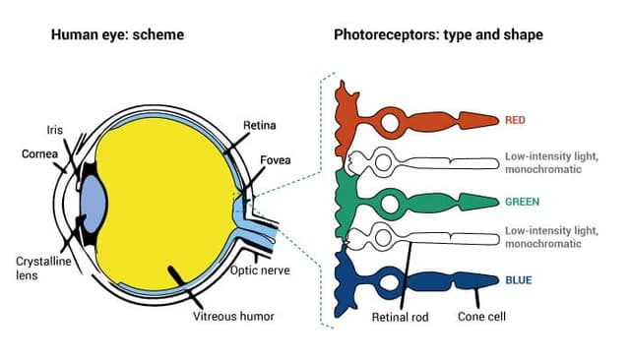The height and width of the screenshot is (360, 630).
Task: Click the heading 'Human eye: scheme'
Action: [118, 35]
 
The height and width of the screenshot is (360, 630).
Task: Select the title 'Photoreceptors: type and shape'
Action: [438, 35]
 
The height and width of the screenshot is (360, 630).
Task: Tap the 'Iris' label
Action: [54, 129]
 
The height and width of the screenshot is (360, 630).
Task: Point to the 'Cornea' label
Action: [40, 153]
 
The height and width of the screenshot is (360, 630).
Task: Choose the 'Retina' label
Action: [260, 126]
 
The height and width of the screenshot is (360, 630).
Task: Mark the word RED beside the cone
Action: [515, 121]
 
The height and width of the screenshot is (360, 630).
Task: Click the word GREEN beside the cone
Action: [521, 202]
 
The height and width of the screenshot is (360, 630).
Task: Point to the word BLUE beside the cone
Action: [518, 280]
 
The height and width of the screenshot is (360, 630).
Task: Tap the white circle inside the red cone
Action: [391, 124]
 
